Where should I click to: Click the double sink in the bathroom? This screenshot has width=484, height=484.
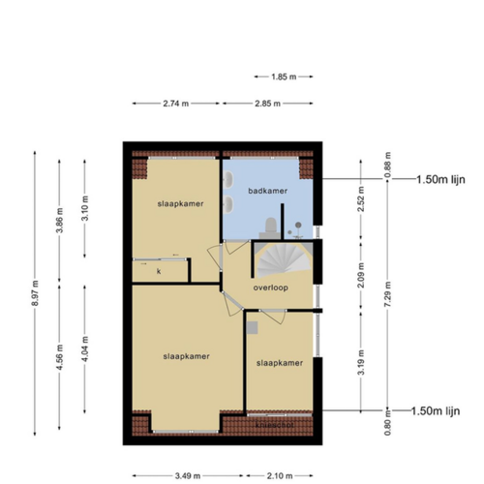click(231, 197)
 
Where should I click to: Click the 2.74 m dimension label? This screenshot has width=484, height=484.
click(175, 103)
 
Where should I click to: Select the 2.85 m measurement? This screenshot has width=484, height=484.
click(269, 103)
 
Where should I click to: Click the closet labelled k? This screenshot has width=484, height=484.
click(158, 272)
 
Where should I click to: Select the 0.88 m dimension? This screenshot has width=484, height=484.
click(387, 166)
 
